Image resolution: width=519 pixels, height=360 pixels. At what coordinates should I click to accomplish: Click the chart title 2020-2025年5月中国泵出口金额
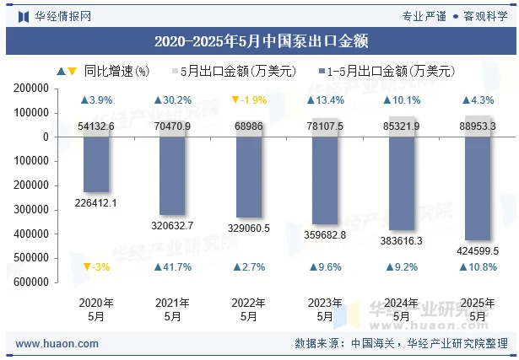pyautogui.click(x=260, y=40)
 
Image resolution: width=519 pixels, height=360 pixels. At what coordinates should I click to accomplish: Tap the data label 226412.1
pyautogui.click(x=96, y=202)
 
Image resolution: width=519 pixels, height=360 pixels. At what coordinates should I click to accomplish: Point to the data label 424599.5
pyautogui.click(x=478, y=250)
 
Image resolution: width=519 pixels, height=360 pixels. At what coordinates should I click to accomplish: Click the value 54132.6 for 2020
pyautogui.click(x=96, y=126)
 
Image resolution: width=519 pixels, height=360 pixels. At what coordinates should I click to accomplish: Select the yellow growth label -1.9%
pyautogui.click(x=249, y=100)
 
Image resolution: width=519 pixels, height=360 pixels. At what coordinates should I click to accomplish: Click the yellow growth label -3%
pyautogui.click(x=96, y=267)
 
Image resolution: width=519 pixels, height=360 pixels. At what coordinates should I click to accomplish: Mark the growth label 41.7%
pyautogui.click(x=172, y=267)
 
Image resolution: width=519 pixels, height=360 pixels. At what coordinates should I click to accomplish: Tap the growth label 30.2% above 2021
pyautogui.click(x=172, y=100)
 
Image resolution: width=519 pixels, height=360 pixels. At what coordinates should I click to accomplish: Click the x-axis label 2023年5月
pyautogui.click(x=325, y=309)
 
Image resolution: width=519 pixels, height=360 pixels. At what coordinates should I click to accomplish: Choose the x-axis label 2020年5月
pyautogui.click(x=96, y=309)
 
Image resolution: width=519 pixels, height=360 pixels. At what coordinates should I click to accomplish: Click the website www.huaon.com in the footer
pyautogui.click(x=57, y=344)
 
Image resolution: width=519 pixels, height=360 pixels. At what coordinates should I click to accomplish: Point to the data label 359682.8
pyautogui.click(x=325, y=234)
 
